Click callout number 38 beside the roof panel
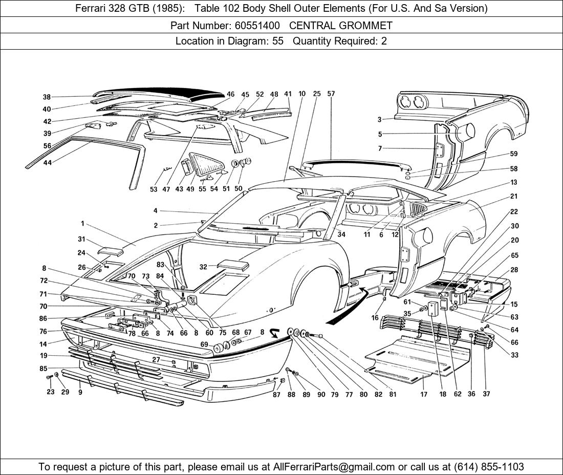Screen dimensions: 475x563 point(47,97)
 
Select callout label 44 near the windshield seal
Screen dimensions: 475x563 point(47,162)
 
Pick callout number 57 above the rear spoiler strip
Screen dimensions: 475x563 point(331,94)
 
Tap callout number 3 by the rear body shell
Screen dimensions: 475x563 point(380,120)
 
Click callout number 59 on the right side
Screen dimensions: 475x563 point(514,154)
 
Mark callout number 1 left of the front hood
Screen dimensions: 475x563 point(82,223)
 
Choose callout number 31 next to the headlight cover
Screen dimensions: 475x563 point(81,239)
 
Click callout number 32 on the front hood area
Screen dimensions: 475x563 point(204,267)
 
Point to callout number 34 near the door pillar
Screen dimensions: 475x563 point(341,234)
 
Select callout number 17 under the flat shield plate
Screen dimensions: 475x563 point(424,394)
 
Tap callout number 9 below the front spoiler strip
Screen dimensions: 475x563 point(80,393)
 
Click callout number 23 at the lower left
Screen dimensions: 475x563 point(50,393)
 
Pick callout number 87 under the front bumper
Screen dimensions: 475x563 point(276,394)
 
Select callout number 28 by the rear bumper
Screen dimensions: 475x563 point(514,270)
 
